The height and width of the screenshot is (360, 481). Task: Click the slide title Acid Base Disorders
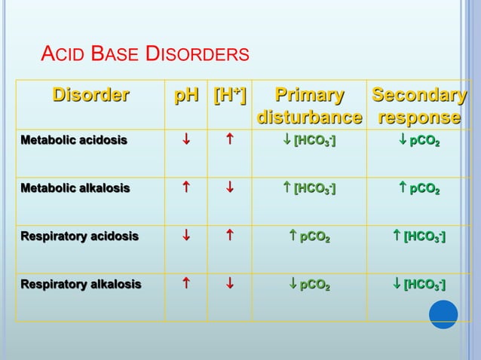click(x=145, y=54)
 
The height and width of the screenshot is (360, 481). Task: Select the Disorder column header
click(x=90, y=96)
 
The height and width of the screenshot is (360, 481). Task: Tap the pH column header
click(x=187, y=96)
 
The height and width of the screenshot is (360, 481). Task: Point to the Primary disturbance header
click(x=309, y=107)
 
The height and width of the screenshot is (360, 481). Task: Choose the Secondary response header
click(x=419, y=107)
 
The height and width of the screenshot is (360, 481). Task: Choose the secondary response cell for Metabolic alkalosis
click(x=419, y=188)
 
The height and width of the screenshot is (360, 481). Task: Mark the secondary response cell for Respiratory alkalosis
click(x=419, y=285)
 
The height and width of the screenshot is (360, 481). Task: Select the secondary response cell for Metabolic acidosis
click(x=419, y=140)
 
